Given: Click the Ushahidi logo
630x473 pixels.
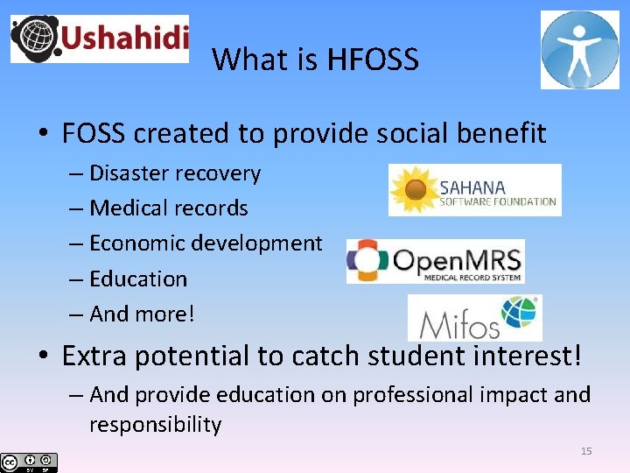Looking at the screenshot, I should (99, 39).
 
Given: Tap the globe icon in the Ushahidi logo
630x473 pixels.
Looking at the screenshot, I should (35, 39).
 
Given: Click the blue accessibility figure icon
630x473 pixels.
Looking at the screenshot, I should (579, 50).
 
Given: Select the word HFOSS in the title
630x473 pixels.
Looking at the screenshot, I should (373, 60).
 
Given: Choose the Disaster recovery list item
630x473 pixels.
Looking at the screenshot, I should (175, 173).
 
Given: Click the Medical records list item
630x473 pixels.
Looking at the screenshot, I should (168, 208).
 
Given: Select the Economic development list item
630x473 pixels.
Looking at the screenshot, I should (206, 244).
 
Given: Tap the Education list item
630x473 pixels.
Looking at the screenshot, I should (138, 279).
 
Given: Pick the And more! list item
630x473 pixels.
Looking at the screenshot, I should (142, 314).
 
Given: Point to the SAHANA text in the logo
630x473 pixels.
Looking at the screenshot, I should (472, 187).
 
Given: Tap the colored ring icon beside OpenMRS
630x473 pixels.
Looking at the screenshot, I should (367, 261).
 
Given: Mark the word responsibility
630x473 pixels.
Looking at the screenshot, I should (155, 425).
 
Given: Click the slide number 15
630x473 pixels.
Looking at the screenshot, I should (586, 451).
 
